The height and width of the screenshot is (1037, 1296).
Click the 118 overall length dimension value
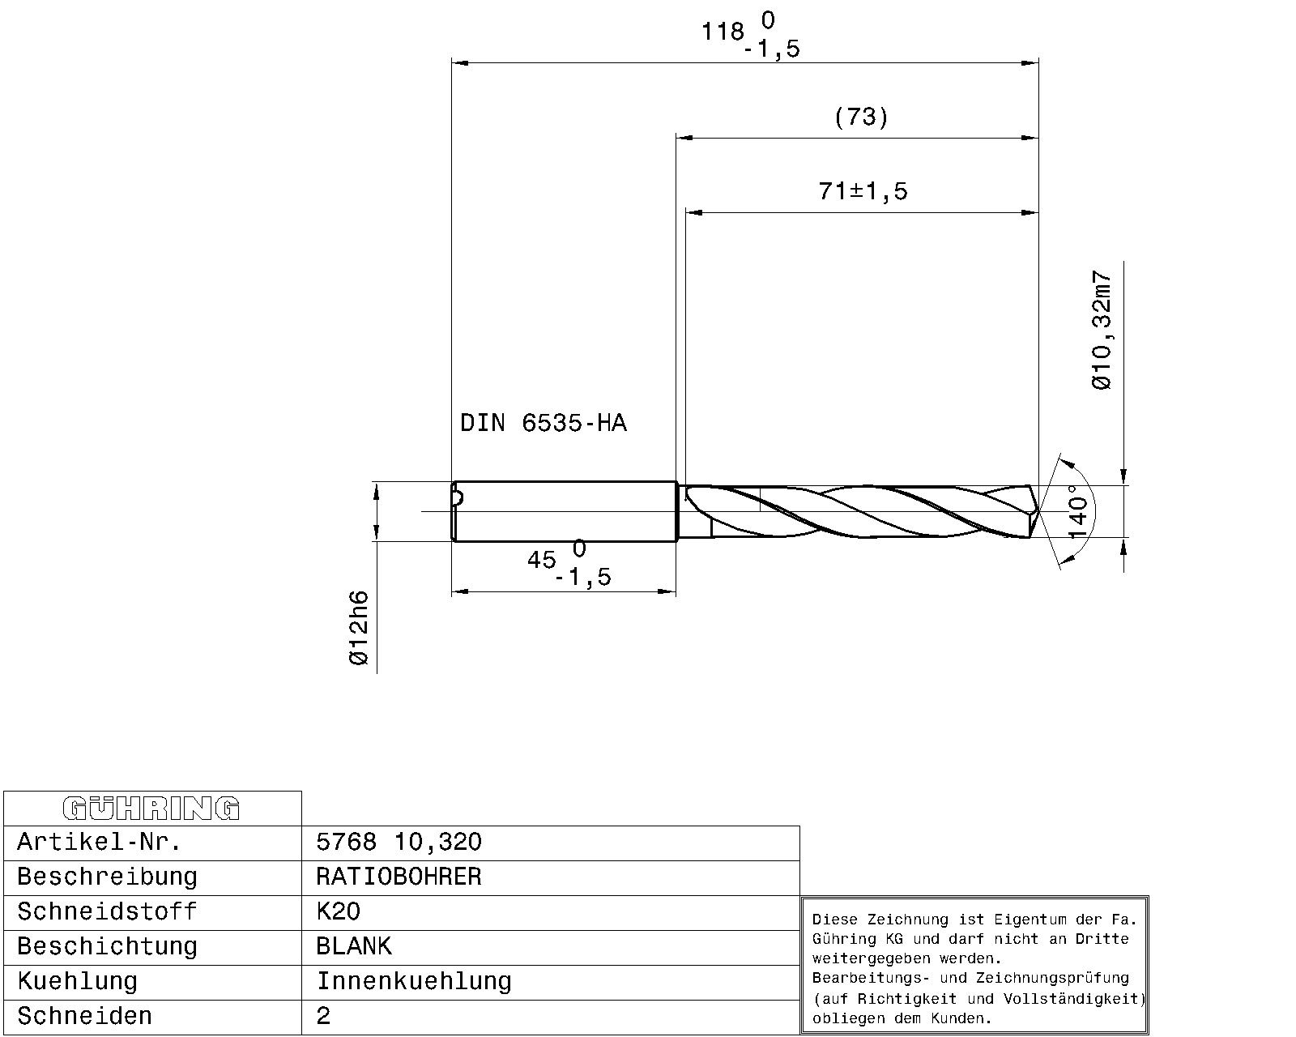coord(723,32)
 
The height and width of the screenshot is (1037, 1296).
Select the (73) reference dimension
coord(861,117)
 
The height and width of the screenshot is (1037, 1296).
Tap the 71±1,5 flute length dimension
coord(863,191)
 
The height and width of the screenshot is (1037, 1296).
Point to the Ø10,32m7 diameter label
coord(1102,331)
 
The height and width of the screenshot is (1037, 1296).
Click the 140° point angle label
coord(1077,511)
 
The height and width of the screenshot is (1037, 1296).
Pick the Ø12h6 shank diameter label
coord(358,628)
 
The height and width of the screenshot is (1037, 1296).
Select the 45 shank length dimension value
coord(541,560)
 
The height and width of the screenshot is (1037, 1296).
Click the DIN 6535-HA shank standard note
coord(544,423)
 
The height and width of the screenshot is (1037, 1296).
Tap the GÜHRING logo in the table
coord(151,809)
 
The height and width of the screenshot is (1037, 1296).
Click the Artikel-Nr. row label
coord(99,842)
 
